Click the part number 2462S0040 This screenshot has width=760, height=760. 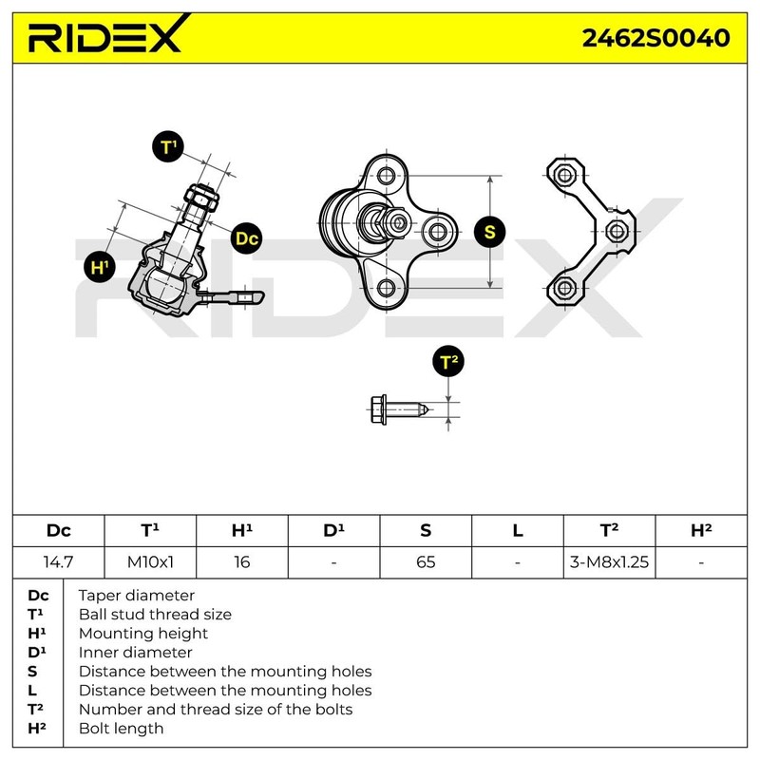[x=655, y=37]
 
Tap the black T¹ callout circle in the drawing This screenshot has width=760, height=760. [x=168, y=147]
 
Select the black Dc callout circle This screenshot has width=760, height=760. [x=246, y=238]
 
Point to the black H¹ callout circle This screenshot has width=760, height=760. [x=97, y=267]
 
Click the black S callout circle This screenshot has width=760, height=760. [x=489, y=231]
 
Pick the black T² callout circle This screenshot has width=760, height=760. [x=448, y=362]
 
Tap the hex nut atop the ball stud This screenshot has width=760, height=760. [x=202, y=198]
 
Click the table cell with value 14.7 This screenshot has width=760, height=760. [x=58, y=561]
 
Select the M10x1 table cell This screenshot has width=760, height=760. [x=150, y=561]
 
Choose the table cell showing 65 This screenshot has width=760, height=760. [x=426, y=561]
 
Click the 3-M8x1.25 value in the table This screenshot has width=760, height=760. [x=609, y=561]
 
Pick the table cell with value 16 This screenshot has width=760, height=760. [x=242, y=561]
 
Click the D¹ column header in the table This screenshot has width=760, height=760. [x=333, y=531]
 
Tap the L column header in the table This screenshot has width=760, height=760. [x=518, y=531]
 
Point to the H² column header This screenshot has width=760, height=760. [x=701, y=531]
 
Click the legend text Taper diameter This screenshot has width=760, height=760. [x=136, y=596]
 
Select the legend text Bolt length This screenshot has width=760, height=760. [x=121, y=729]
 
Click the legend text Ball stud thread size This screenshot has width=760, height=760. [x=155, y=615]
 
